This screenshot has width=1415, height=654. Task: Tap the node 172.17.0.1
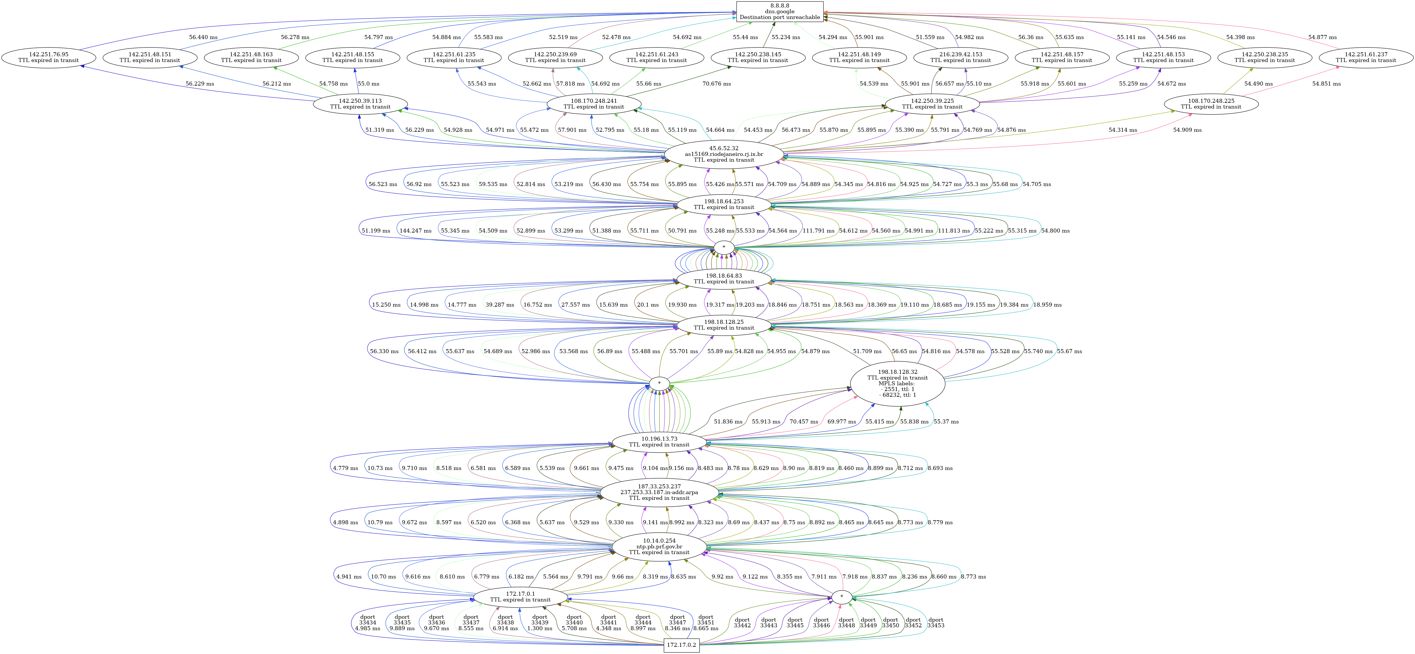pos(520,597)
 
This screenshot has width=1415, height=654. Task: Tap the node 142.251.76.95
pos(48,57)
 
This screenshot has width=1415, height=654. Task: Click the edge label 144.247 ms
pos(415,231)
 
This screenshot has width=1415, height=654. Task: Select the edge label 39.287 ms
pos(499,305)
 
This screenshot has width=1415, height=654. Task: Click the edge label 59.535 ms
pos(493,184)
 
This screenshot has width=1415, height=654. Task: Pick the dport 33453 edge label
pos(935,623)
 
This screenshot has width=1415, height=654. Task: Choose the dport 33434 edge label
pos(367,623)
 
